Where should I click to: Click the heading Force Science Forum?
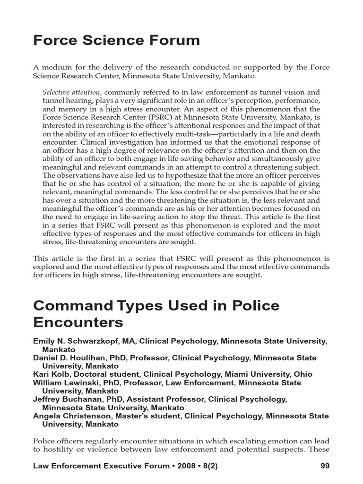tap(116, 41)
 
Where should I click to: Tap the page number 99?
tap(325, 466)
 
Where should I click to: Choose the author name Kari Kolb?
tap(50, 374)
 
